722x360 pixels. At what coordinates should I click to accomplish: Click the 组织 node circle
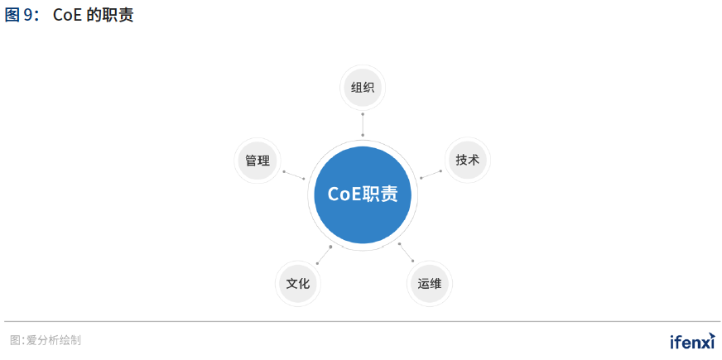click(x=363, y=88)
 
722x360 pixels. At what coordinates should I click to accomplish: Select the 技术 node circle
click(x=467, y=160)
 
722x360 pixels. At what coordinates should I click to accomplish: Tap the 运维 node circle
click(x=429, y=284)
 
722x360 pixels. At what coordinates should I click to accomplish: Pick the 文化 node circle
click(x=297, y=284)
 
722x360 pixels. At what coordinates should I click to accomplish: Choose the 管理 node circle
click(x=258, y=161)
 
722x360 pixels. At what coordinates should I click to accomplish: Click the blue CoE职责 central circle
click(x=363, y=194)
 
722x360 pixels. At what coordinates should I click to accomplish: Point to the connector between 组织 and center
click(x=363, y=124)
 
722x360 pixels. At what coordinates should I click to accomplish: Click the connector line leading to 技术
click(x=431, y=175)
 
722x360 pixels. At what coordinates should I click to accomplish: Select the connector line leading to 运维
click(x=406, y=252)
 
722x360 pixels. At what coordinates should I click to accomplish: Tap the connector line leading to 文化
click(x=324, y=255)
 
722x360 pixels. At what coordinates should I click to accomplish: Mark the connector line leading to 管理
click(x=294, y=175)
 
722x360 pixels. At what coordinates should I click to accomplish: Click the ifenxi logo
click(x=692, y=341)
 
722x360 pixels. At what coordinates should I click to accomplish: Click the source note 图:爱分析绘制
click(x=45, y=340)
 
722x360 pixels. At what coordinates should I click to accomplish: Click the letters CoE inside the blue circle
click(x=344, y=194)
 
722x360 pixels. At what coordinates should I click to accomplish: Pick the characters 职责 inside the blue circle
click(x=380, y=194)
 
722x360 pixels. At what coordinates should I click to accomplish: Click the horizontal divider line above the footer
click(x=362, y=321)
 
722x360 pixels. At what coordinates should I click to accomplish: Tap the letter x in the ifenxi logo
click(x=704, y=343)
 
